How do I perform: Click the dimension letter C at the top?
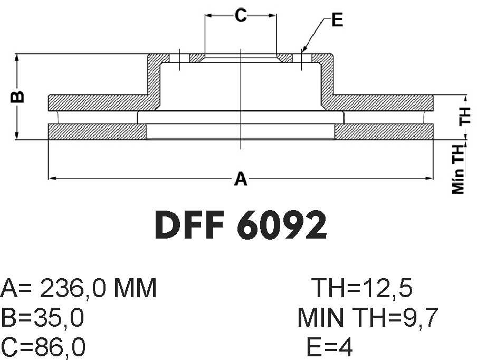pos(241,15)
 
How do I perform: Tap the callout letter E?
pos(337,20)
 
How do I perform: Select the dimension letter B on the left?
pos(17,97)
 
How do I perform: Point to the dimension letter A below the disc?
pos(241,178)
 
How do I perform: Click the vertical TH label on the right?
pos(465,116)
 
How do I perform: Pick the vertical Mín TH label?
pos(459,169)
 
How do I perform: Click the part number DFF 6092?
pos(241,225)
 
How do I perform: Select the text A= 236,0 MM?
pos(79,288)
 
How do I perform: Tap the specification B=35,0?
pos(42,317)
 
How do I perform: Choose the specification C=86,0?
pos(43,347)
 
